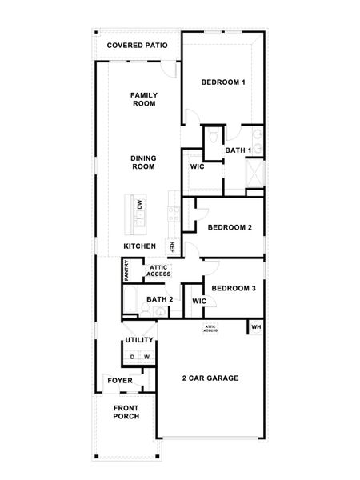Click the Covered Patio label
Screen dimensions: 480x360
click(137, 46)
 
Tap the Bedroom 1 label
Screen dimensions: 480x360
click(223, 82)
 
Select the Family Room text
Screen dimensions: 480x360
click(144, 99)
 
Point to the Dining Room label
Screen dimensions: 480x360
click(143, 162)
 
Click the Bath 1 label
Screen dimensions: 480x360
click(238, 150)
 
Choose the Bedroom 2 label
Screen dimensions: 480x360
click(230, 227)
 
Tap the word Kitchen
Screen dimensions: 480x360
click(139, 246)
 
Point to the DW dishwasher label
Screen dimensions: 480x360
click(139, 205)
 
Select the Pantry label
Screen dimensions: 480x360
click(126, 270)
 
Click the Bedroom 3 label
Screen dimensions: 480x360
click(234, 288)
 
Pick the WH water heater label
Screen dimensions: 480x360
click(257, 326)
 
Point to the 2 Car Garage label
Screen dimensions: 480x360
click(210, 378)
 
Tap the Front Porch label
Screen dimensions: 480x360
click(126, 412)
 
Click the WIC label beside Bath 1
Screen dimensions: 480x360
click(197, 167)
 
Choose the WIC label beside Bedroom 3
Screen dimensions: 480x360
click(199, 301)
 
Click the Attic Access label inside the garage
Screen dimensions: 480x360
click(210, 329)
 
